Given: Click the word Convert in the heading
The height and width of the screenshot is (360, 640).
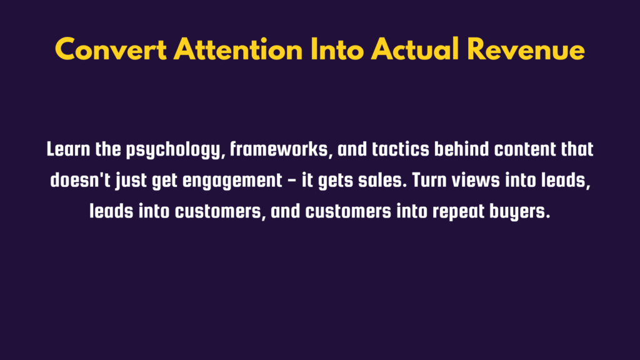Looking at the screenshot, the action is [x=111, y=50].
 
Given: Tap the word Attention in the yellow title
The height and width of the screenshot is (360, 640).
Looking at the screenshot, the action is [x=238, y=49].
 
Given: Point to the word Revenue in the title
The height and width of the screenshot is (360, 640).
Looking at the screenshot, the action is [x=526, y=49].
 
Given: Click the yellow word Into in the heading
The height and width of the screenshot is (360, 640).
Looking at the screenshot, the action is [x=337, y=49].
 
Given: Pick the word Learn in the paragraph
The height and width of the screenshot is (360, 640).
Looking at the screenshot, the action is [x=68, y=149].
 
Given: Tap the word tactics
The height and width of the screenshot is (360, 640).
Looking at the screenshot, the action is [x=401, y=149].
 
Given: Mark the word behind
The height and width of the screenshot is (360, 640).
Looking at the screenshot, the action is [x=461, y=149].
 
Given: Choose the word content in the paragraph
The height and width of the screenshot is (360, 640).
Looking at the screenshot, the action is [x=524, y=149].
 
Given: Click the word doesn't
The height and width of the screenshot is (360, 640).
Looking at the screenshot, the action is [x=80, y=180].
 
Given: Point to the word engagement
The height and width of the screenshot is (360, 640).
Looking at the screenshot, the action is [x=232, y=181].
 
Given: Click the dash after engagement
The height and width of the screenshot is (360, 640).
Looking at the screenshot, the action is [x=292, y=181].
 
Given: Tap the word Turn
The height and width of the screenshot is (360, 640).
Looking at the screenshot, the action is [x=429, y=180].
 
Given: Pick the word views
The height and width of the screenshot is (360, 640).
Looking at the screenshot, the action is [x=476, y=180].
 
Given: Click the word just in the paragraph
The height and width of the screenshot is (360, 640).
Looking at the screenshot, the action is [x=131, y=181].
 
